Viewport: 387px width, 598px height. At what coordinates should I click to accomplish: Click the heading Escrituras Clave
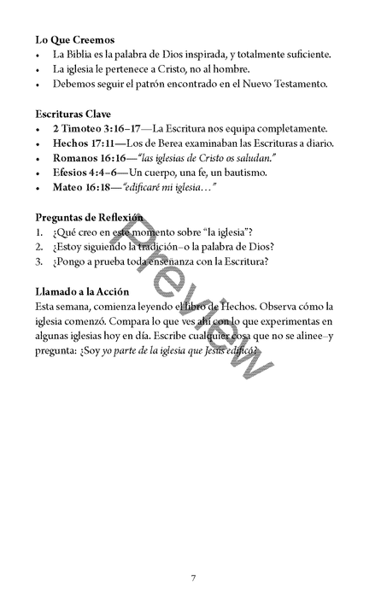click(73, 113)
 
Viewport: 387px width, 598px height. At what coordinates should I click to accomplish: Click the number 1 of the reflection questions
click(39, 232)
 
